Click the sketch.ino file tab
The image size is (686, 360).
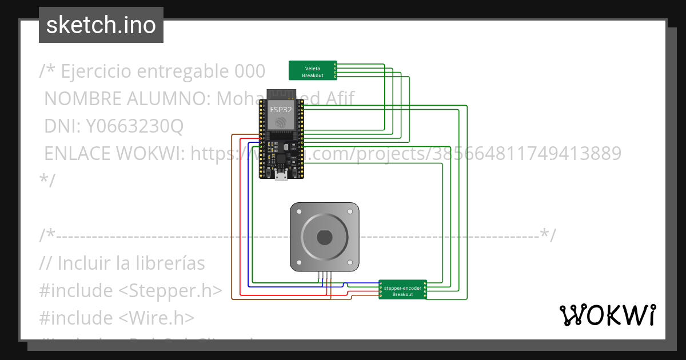point(101,25)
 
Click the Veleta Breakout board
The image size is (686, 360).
point(312,70)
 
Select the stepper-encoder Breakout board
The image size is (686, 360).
point(402,290)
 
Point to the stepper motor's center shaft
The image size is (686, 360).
point(325,237)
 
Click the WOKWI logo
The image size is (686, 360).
point(607,315)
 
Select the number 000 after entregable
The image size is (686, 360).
point(250,71)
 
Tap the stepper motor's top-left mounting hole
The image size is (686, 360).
point(298,210)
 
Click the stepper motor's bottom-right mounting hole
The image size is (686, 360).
point(352,263)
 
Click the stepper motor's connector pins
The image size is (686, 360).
point(325,275)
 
